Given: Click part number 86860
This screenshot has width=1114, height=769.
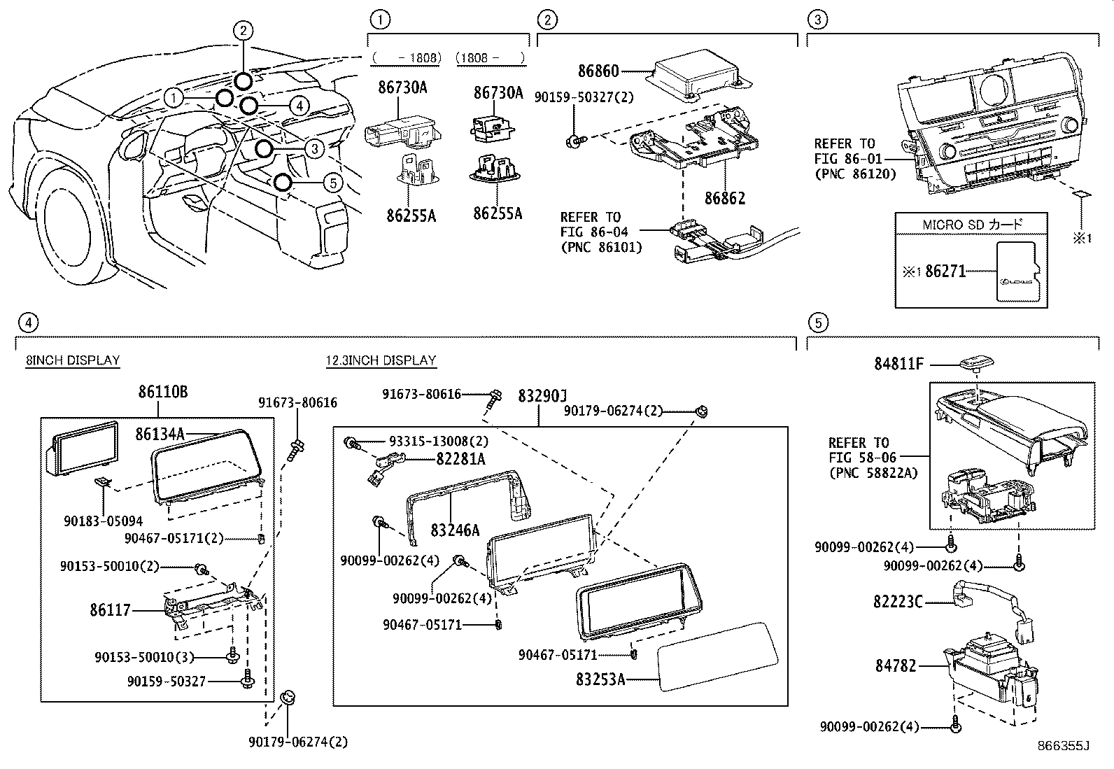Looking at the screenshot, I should point(598,71).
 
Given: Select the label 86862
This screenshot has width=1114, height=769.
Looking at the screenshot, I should point(724,198).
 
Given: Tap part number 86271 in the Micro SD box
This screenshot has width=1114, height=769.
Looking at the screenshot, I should point(946,271).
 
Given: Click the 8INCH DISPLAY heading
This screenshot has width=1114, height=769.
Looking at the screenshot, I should point(73,360).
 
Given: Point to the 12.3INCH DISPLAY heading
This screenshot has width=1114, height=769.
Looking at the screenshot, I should point(381,360).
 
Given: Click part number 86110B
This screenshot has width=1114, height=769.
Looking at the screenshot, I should point(162,393).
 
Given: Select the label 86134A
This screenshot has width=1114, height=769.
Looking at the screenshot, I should point(160,435).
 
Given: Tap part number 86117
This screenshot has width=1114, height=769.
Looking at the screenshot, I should point(110,610).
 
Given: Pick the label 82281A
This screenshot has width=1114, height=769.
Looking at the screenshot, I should point(460,459).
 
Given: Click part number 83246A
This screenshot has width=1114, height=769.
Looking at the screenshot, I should point(455,530).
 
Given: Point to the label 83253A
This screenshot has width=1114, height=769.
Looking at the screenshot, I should point(600,679).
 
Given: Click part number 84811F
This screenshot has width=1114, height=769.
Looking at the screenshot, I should point(899,364).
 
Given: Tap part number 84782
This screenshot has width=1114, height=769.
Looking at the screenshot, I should point(895,667).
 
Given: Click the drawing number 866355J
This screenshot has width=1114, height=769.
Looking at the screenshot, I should point(1064,746).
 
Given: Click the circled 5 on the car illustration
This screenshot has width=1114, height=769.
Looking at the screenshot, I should point(333,183).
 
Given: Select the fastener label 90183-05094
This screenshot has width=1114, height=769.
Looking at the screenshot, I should point(103,521).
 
